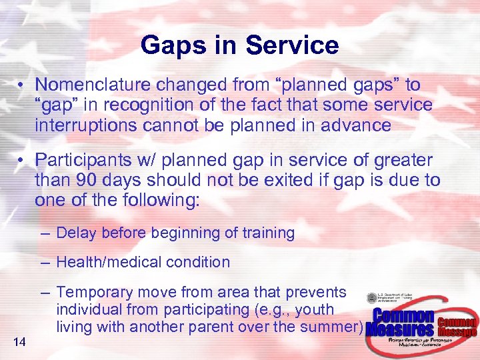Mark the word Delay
(x=75, y=233)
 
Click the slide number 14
(x=19, y=343)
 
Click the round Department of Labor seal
(x=372, y=299)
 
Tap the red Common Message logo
(x=457, y=327)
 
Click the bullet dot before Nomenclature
(x=22, y=86)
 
